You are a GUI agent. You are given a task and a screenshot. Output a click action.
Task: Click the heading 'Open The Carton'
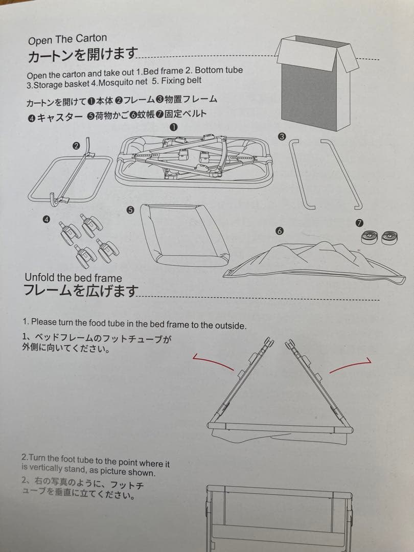pos(67,39)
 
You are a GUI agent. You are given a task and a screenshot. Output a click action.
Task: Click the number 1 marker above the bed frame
pos(173,127)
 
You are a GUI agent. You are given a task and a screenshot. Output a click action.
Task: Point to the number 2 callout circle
pos(76,146)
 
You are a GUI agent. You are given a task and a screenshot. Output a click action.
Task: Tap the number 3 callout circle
pos(281,135)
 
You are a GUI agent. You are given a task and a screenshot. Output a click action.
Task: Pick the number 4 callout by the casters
pos(46,219)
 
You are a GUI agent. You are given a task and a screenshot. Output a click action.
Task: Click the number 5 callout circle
pos(130,210)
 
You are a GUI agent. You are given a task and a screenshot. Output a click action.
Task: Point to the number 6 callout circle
pos(279,231)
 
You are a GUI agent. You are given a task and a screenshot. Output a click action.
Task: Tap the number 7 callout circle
pos(359,223)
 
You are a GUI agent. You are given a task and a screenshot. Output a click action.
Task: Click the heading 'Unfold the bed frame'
pos(73,278)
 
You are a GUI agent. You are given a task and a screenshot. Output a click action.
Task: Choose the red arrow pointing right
pos(351,365)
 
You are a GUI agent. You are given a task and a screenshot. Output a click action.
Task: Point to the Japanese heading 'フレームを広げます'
pos(81,291)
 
